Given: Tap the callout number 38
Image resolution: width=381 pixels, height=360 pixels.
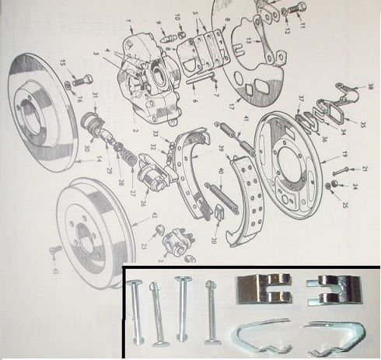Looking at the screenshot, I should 371,86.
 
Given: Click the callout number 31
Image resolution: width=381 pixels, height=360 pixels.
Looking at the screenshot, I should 95,96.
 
